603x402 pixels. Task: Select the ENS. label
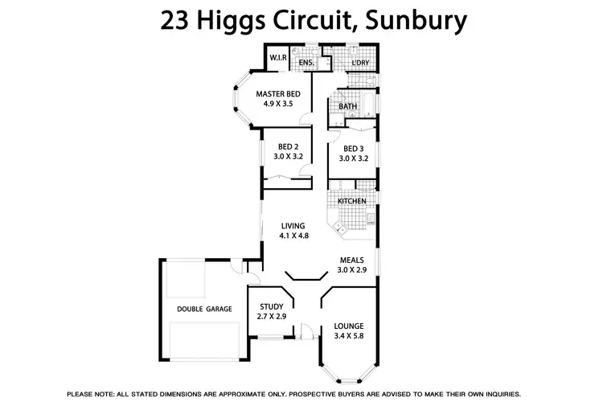click(306, 62)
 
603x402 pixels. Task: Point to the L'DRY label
click(360, 62)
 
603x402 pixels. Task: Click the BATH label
click(348, 106)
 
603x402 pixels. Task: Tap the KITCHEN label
click(352, 200)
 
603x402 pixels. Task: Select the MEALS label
click(352, 260)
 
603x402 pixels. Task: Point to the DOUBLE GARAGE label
click(204, 308)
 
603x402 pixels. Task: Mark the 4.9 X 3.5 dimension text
click(277, 105)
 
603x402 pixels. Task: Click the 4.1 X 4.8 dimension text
click(294, 236)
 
